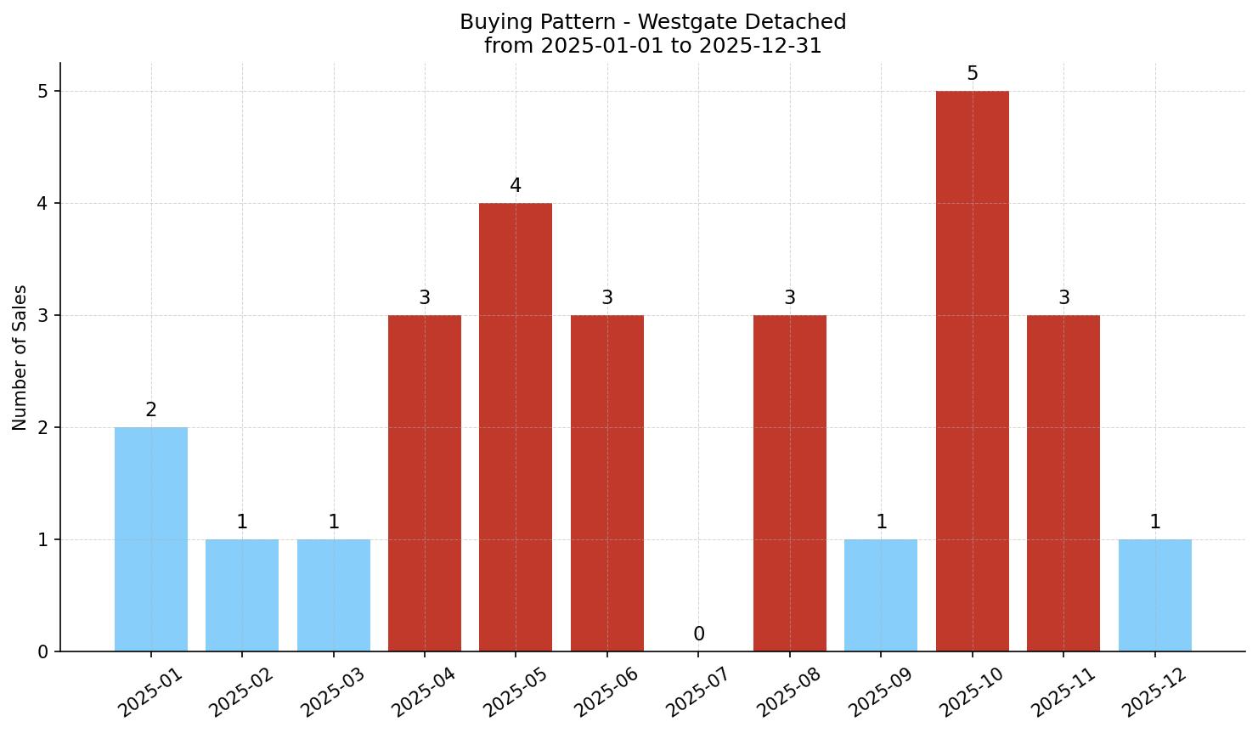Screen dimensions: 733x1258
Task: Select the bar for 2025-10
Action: tap(972, 371)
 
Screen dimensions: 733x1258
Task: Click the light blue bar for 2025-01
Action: tap(150, 539)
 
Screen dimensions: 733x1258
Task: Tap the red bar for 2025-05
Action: tap(516, 427)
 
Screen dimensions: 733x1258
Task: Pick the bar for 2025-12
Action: tap(1154, 595)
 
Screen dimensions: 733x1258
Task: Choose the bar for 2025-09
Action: tap(881, 595)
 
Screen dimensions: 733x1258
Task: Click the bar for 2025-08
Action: tap(789, 483)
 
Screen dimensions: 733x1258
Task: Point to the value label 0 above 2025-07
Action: tap(698, 634)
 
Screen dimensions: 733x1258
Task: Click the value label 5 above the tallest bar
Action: tap(972, 74)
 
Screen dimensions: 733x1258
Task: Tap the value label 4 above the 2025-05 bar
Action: tap(516, 186)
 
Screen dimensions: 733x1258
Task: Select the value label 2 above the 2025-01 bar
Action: tap(150, 410)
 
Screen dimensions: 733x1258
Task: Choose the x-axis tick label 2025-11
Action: tap(1059, 692)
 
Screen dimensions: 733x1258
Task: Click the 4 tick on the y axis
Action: tap(42, 204)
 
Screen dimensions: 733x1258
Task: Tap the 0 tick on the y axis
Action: tap(42, 652)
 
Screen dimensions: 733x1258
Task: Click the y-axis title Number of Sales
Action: tap(20, 358)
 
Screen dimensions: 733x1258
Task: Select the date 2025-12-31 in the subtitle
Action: tap(760, 46)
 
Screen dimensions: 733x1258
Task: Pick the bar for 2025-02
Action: tap(242, 595)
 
